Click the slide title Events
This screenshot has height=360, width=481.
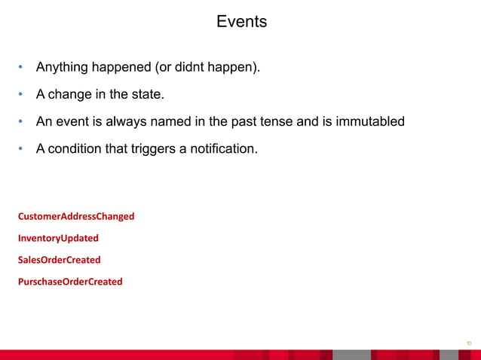241,22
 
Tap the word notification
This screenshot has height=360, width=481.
223,148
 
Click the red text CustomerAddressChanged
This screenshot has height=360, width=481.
76,216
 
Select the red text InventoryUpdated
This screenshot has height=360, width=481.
58,238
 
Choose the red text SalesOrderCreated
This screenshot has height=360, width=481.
59,260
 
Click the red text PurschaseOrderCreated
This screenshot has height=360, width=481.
70,282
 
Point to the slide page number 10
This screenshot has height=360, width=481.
468,342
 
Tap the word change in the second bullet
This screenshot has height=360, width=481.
72,94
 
